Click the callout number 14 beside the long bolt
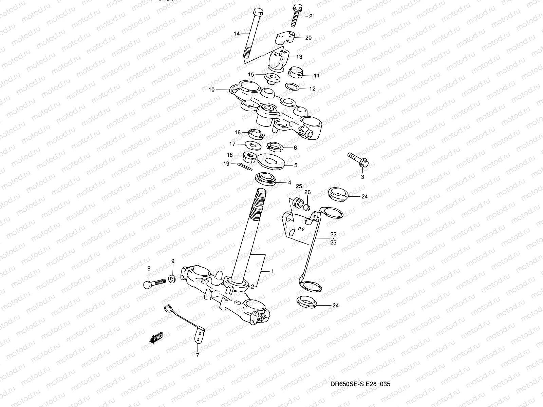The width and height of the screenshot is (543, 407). click(237, 34)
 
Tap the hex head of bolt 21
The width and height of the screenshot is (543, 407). click(296, 7)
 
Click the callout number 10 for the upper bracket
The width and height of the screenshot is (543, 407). click(211, 90)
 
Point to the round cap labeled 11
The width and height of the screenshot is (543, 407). click(297, 72)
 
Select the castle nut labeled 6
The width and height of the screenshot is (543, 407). click(274, 147)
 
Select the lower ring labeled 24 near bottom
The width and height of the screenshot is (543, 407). click(306, 302)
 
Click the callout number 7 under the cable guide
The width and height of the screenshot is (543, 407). click(197, 355)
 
